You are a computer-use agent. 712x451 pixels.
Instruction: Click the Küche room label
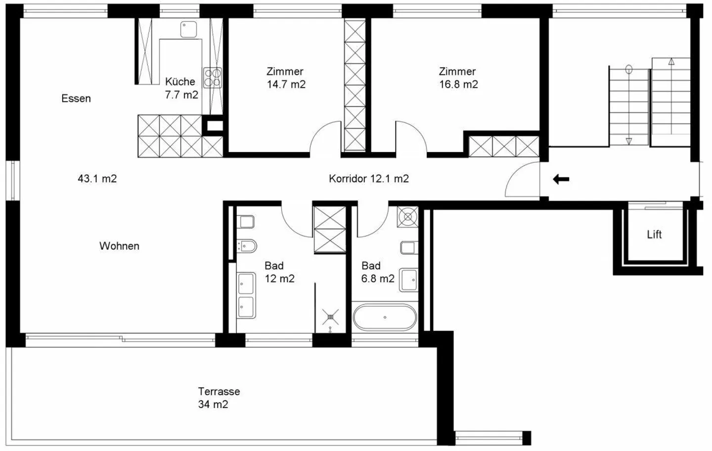click(180, 82)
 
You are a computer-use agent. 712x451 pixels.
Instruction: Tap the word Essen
click(76, 99)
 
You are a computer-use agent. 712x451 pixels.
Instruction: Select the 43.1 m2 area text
click(97, 179)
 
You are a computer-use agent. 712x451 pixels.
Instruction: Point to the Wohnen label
click(119, 246)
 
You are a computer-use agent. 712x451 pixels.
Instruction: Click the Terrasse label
click(219, 392)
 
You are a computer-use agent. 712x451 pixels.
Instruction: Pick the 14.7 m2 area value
click(286, 84)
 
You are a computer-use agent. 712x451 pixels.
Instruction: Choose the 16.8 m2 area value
click(458, 84)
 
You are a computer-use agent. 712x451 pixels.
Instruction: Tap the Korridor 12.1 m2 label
click(369, 179)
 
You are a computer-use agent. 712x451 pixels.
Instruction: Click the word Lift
click(654, 235)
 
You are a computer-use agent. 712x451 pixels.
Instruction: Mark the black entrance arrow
click(561, 179)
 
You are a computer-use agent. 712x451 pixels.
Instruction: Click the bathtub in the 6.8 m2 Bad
click(385, 317)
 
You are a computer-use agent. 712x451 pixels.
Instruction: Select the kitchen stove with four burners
click(213, 77)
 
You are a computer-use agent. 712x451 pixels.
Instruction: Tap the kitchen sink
click(188, 29)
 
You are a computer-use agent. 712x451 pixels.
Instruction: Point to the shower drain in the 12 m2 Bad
click(331, 317)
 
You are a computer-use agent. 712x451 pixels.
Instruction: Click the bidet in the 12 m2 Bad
click(247, 246)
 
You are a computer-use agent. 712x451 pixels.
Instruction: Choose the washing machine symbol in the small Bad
click(407, 217)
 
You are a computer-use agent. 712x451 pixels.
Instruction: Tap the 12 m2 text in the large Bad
click(280, 279)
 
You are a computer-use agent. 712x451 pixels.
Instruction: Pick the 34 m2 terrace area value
click(213, 404)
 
